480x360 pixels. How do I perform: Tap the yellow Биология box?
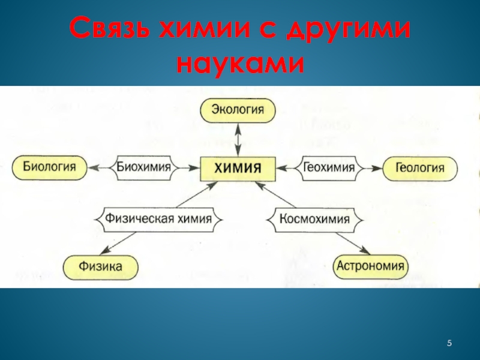[50, 167]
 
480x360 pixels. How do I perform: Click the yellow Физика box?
[101, 265]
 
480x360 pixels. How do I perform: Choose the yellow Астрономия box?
[370, 265]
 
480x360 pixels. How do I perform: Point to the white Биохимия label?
[144, 167]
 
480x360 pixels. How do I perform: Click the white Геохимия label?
[329, 167]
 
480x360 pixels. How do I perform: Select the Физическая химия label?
[158, 218]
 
